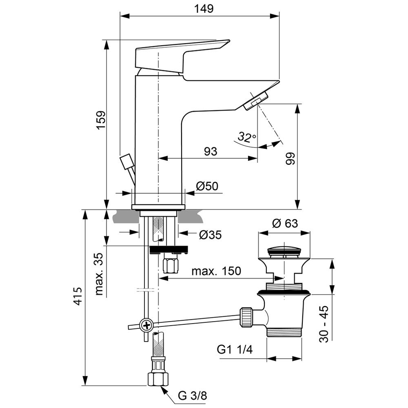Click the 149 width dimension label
204,9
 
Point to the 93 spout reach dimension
210,151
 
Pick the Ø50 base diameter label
207,186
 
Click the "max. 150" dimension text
217,271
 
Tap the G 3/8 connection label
192,395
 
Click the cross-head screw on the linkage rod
146,326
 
